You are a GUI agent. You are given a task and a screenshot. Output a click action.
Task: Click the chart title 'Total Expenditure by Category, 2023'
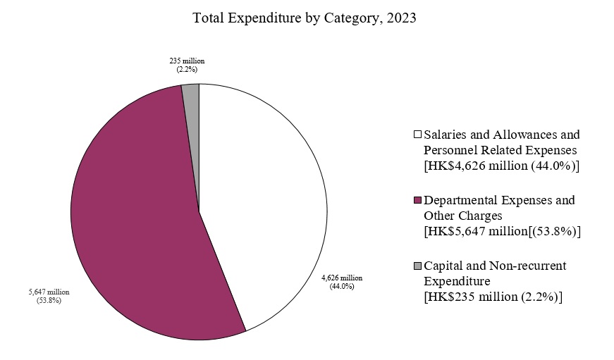click(305, 19)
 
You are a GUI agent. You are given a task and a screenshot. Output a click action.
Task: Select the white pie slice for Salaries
click(268, 204)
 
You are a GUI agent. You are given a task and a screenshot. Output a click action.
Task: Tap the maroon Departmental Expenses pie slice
click(134, 225)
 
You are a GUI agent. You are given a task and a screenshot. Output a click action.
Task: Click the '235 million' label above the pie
click(187, 61)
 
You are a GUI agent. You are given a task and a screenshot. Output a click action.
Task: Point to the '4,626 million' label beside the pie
click(342, 278)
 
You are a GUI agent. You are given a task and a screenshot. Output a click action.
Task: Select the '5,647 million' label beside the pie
click(49, 292)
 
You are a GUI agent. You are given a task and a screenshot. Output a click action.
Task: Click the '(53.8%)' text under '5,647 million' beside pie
click(49, 301)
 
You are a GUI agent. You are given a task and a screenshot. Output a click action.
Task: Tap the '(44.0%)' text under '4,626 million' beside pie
click(342, 287)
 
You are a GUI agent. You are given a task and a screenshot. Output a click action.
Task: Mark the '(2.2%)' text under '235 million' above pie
click(187, 70)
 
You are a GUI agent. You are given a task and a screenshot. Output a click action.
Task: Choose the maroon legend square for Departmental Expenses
click(417, 201)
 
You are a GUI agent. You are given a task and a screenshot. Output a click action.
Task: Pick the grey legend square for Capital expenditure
click(417, 266)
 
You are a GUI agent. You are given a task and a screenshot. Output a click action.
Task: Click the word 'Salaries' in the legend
click(445, 134)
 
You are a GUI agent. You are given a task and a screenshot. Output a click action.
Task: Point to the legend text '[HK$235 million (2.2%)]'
click(493, 297)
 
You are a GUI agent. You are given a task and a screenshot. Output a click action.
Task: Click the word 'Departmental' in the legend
click(463, 200)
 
